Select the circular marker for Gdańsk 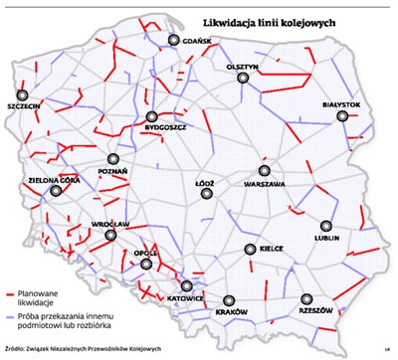tap(175, 40)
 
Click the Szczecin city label tap(23, 103)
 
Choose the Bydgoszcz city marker tap(152, 116)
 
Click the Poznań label tap(113, 172)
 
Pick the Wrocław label tap(111, 226)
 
